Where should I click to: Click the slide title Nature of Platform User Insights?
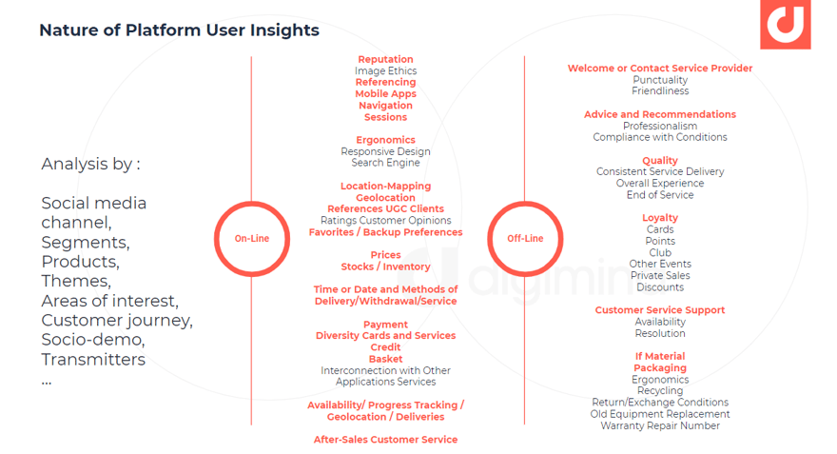(x=180, y=30)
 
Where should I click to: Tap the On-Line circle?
(x=252, y=202)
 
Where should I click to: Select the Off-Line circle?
(x=525, y=202)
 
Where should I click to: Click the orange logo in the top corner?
(x=786, y=25)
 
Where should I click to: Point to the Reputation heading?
(x=385, y=59)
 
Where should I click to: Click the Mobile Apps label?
(x=385, y=94)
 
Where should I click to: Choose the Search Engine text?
(x=385, y=163)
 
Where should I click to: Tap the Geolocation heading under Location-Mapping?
(x=385, y=198)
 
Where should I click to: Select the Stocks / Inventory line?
(x=385, y=266)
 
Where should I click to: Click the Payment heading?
(x=385, y=325)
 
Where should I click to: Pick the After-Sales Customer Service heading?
(x=385, y=440)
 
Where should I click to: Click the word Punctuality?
(x=660, y=80)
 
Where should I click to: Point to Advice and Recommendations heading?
(x=660, y=114)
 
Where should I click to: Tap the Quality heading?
(x=660, y=161)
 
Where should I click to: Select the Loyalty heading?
(x=660, y=218)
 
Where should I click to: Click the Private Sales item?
(x=660, y=276)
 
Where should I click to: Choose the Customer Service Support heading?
(x=660, y=310)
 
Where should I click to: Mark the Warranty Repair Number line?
(x=660, y=425)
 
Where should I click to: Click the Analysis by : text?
(x=90, y=164)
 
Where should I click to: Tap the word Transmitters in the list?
(x=93, y=360)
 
